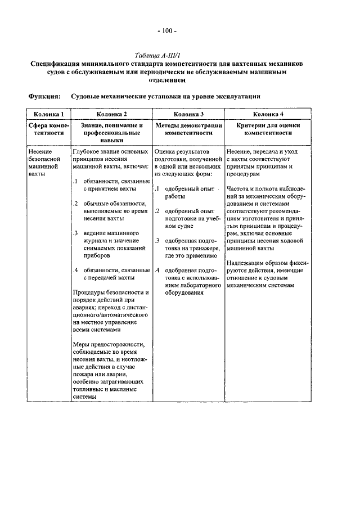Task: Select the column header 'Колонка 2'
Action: coord(111,114)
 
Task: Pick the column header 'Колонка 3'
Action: coord(188,114)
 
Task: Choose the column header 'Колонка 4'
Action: coord(268,114)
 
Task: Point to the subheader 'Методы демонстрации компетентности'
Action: coord(188,129)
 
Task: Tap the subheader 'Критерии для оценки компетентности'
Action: coord(268,129)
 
